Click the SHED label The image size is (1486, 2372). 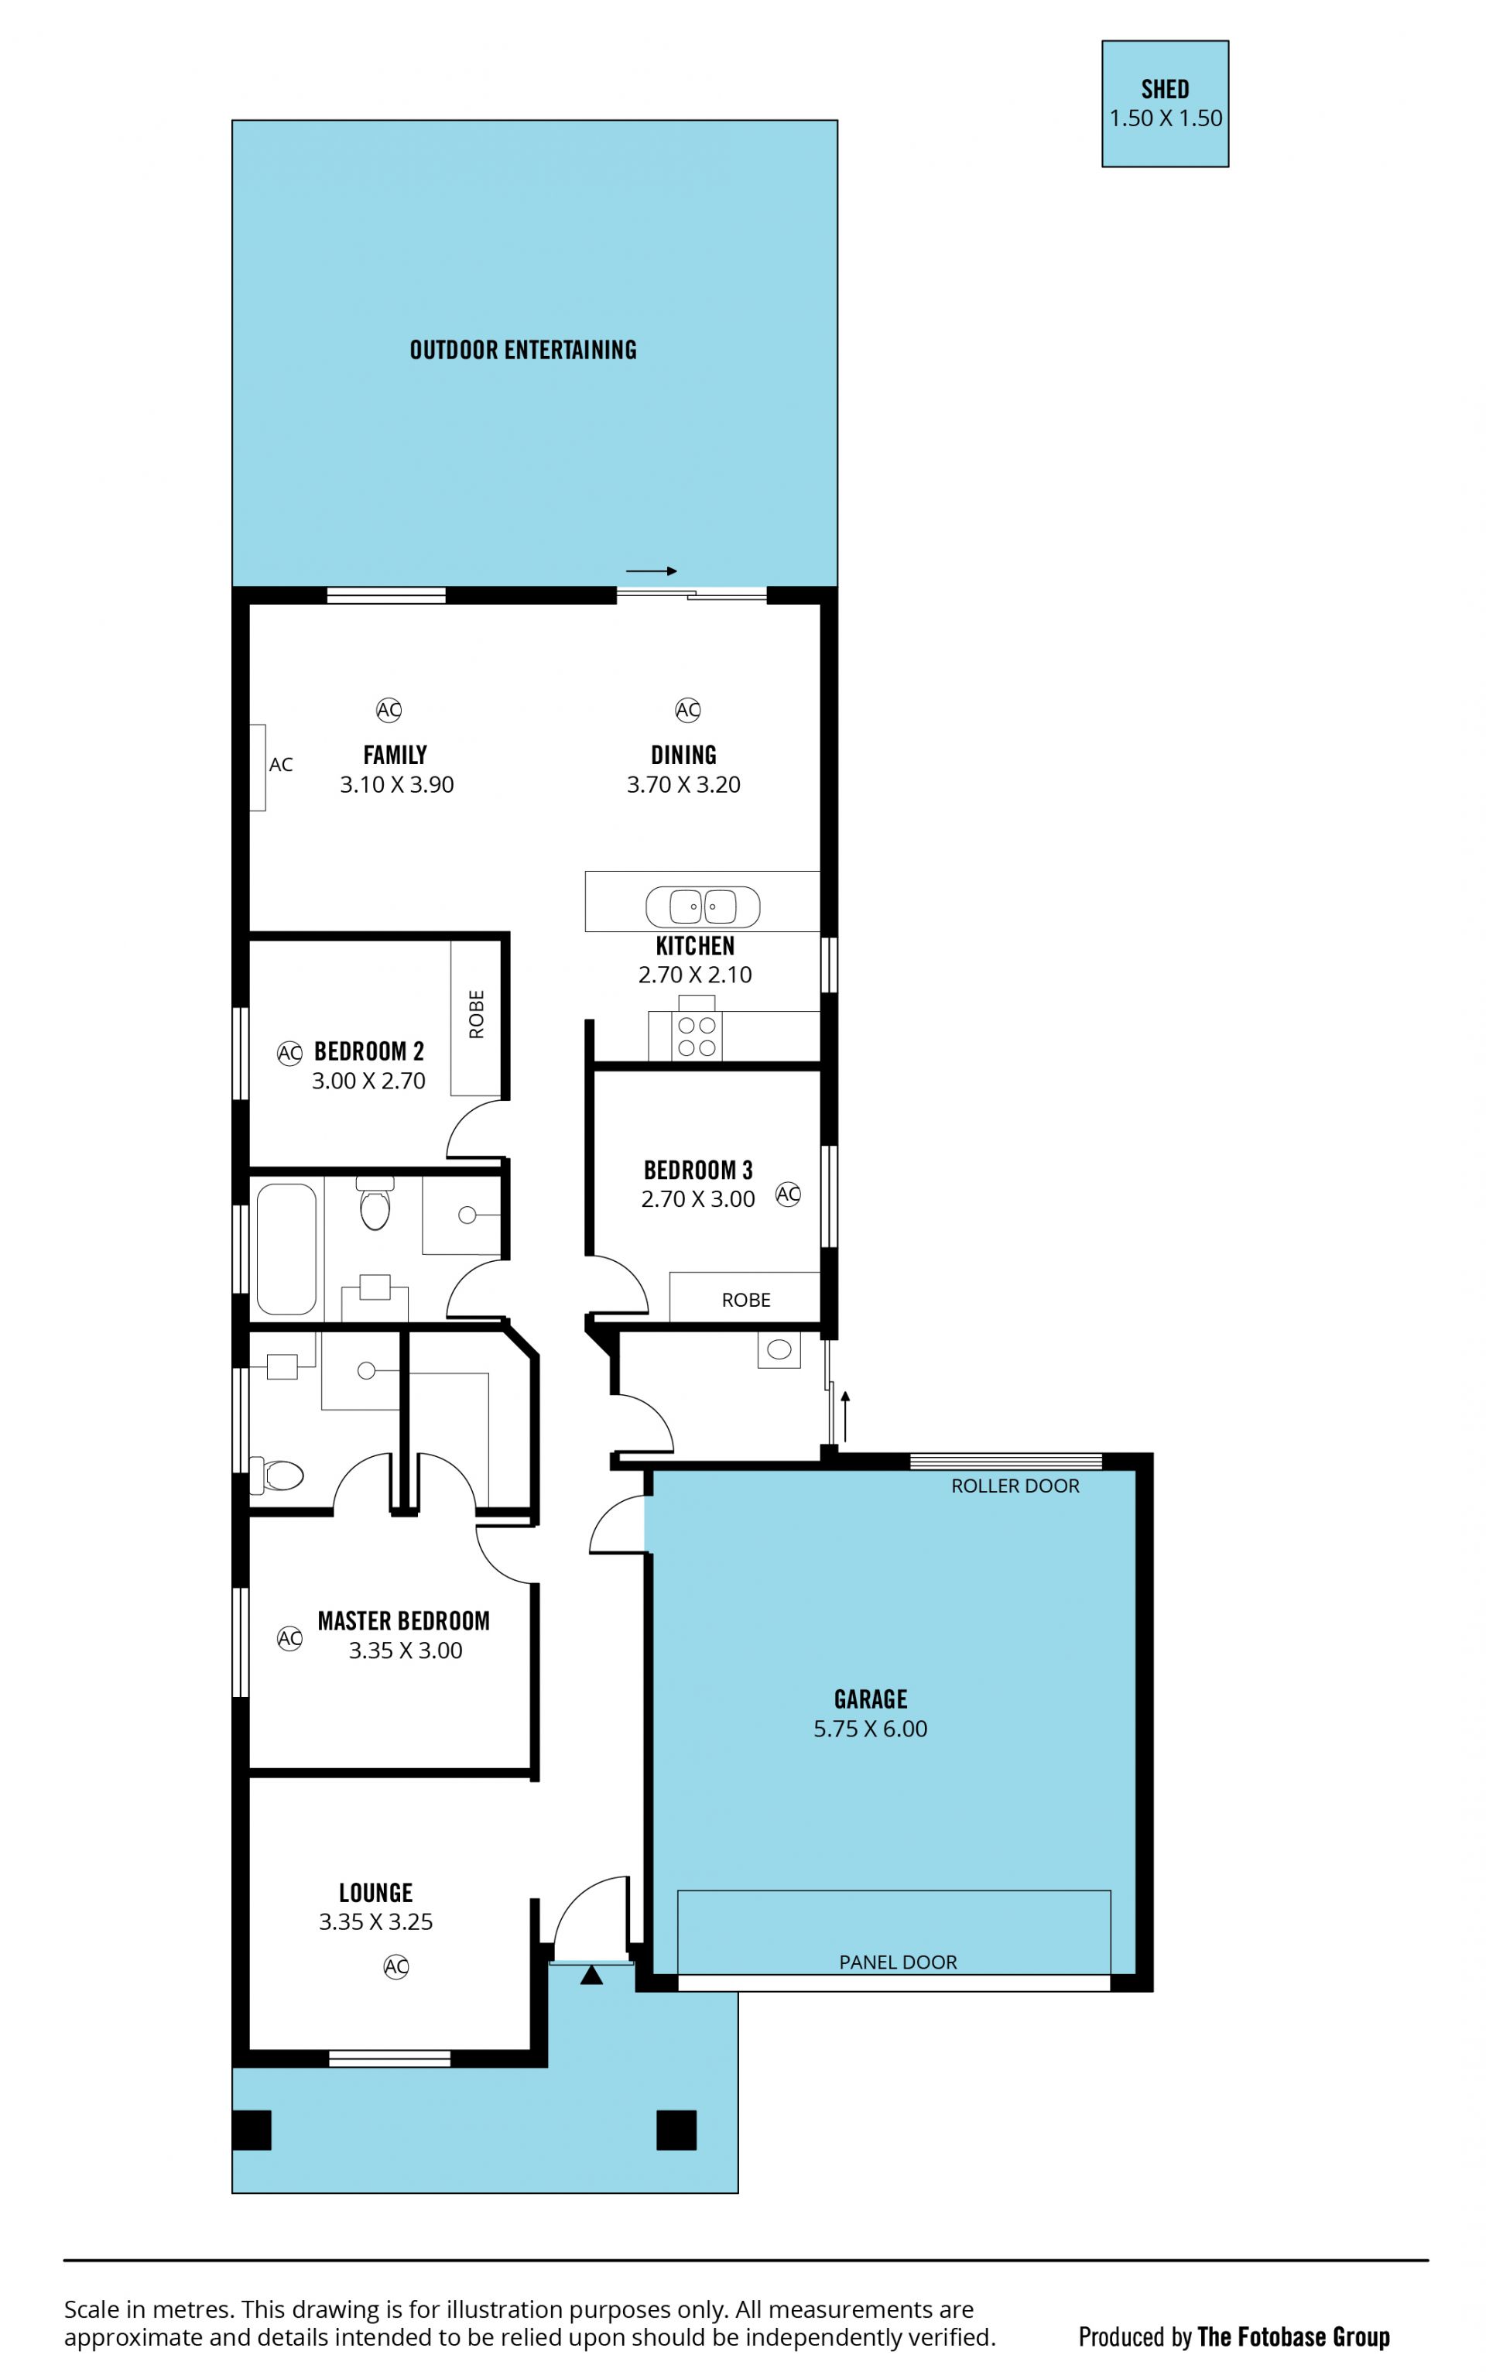pyautogui.click(x=1165, y=90)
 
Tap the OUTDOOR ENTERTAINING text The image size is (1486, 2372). pyautogui.click(x=523, y=350)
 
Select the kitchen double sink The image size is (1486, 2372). pyautogui.click(x=703, y=907)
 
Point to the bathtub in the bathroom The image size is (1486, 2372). pyautogui.click(x=286, y=1249)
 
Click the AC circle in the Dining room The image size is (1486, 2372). pyautogui.click(x=688, y=710)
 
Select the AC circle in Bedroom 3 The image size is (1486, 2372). pyautogui.click(x=788, y=1195)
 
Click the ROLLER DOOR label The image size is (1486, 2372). pyautogui.click(x=1015, y=1486)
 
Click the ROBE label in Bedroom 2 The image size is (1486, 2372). pyautogui.click(x=477, y=1014)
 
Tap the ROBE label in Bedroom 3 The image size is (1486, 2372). pyautogui.click(x=746, y=1300)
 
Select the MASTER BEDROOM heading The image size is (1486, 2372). pyautogui.click(x=404, y=1621)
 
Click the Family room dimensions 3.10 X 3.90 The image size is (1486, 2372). pyautogui.click(x=397, y=784)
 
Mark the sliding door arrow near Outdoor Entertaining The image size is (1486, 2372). pyautogui.click(x=652, y=571)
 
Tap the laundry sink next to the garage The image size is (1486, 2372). pyautogui.click(x=779, y=1349)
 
